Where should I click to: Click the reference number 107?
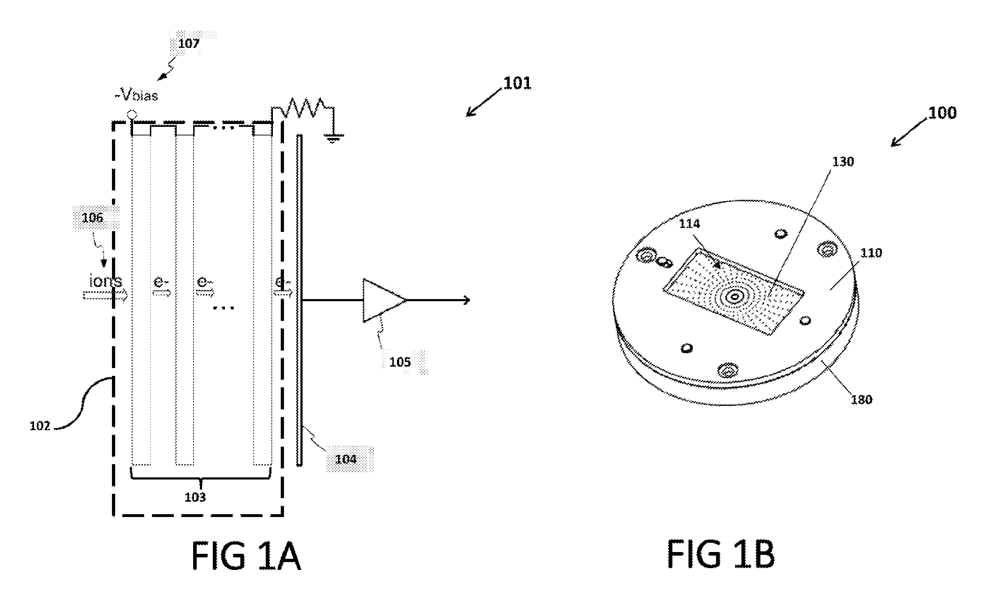click(x=188, y=44)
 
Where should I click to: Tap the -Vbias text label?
click(x=136, y=95)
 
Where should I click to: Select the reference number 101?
click(x=517, y=83)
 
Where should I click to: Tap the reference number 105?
click(x=400, y=362)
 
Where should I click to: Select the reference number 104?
click(x=345, y=459)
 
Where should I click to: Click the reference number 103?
click(x=195, y=497)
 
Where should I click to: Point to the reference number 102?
click(x=40, y=426)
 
